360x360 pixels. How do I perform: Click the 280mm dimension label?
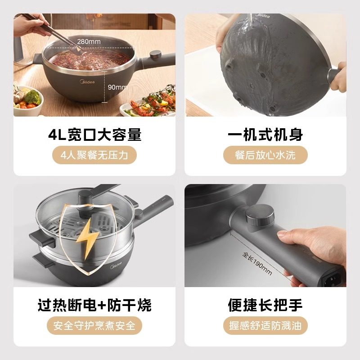[89, 41]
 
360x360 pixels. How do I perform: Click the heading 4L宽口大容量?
[94, 135]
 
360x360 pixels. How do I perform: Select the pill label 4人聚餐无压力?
[94, 155]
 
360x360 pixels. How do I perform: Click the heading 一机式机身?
[265, 135]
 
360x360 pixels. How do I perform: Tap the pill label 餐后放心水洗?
[265, 155]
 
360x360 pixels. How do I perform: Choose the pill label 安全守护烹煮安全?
[94, 325]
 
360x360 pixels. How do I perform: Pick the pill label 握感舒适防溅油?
[265, 325]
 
